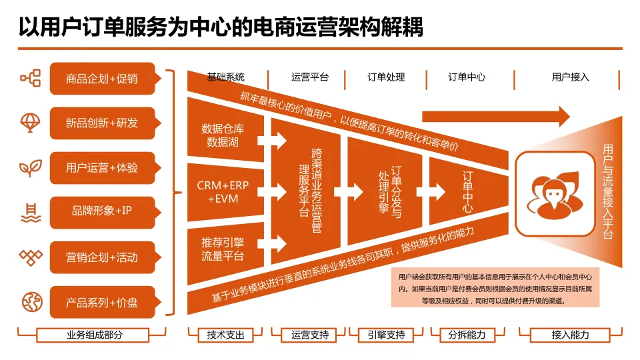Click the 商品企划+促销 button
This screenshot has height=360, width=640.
click(x=102, y=79)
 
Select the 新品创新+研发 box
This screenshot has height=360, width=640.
click(x=102, y=123)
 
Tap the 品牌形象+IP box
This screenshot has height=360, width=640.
click(x=102, y=211)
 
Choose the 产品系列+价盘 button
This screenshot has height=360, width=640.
click(x=102, y=302)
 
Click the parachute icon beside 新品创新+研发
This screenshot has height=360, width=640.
click(x=31, y=123)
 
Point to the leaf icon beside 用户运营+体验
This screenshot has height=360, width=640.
click(x=31, y=168)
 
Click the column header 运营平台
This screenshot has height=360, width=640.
click(x=310, y=77)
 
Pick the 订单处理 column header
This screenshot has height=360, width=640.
click(x=386, y=77)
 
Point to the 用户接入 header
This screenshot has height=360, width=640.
click(x=570, y=77)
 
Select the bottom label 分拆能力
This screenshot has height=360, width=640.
click(x=467, y=335)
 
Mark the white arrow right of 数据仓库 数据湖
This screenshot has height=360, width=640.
click(x=273, y=141)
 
